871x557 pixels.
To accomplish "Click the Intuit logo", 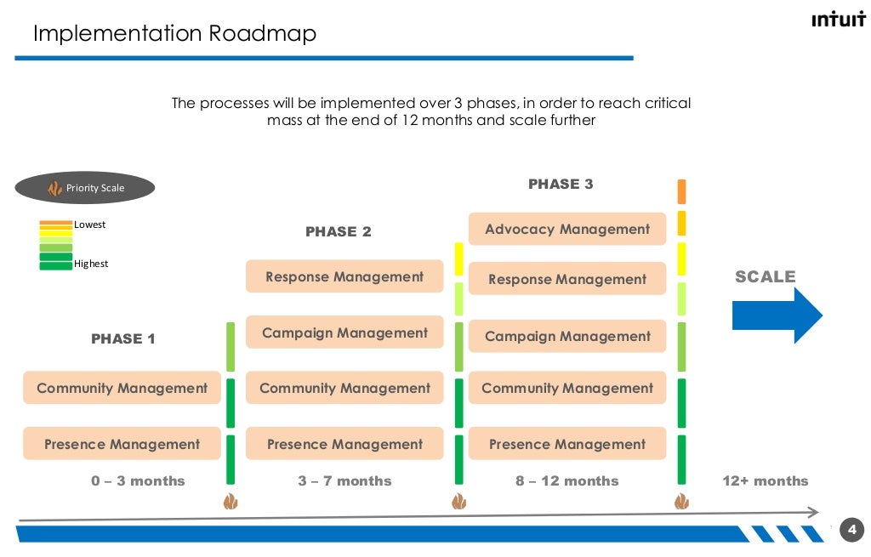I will [838, 20].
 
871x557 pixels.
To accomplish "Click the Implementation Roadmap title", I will [174, 33].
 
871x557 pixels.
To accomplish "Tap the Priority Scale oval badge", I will [84, 188].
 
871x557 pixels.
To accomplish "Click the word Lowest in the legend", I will [90, 225].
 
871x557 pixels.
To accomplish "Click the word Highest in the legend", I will [91, 264].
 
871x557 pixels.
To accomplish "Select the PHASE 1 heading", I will [123, 338].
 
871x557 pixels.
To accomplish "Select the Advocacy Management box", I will [567, 229].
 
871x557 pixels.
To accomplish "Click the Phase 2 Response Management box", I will [344, 276].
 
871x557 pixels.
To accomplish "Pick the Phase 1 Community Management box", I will [122, 388].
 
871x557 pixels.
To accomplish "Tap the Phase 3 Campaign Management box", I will [567, 336].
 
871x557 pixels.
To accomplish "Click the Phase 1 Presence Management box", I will [122, 444].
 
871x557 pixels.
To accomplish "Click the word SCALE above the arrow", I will [765, 276].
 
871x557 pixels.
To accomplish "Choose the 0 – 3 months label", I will [138, 480].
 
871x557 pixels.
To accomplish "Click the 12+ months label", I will [765, 480].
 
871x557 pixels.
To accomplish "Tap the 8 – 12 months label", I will [566, 480].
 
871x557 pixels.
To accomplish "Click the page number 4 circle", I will [851, 529].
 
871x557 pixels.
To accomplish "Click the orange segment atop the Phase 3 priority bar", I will [681, 191].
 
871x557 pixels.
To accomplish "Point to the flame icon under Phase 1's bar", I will [231, 502].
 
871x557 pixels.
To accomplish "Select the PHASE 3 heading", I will [561, 184].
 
